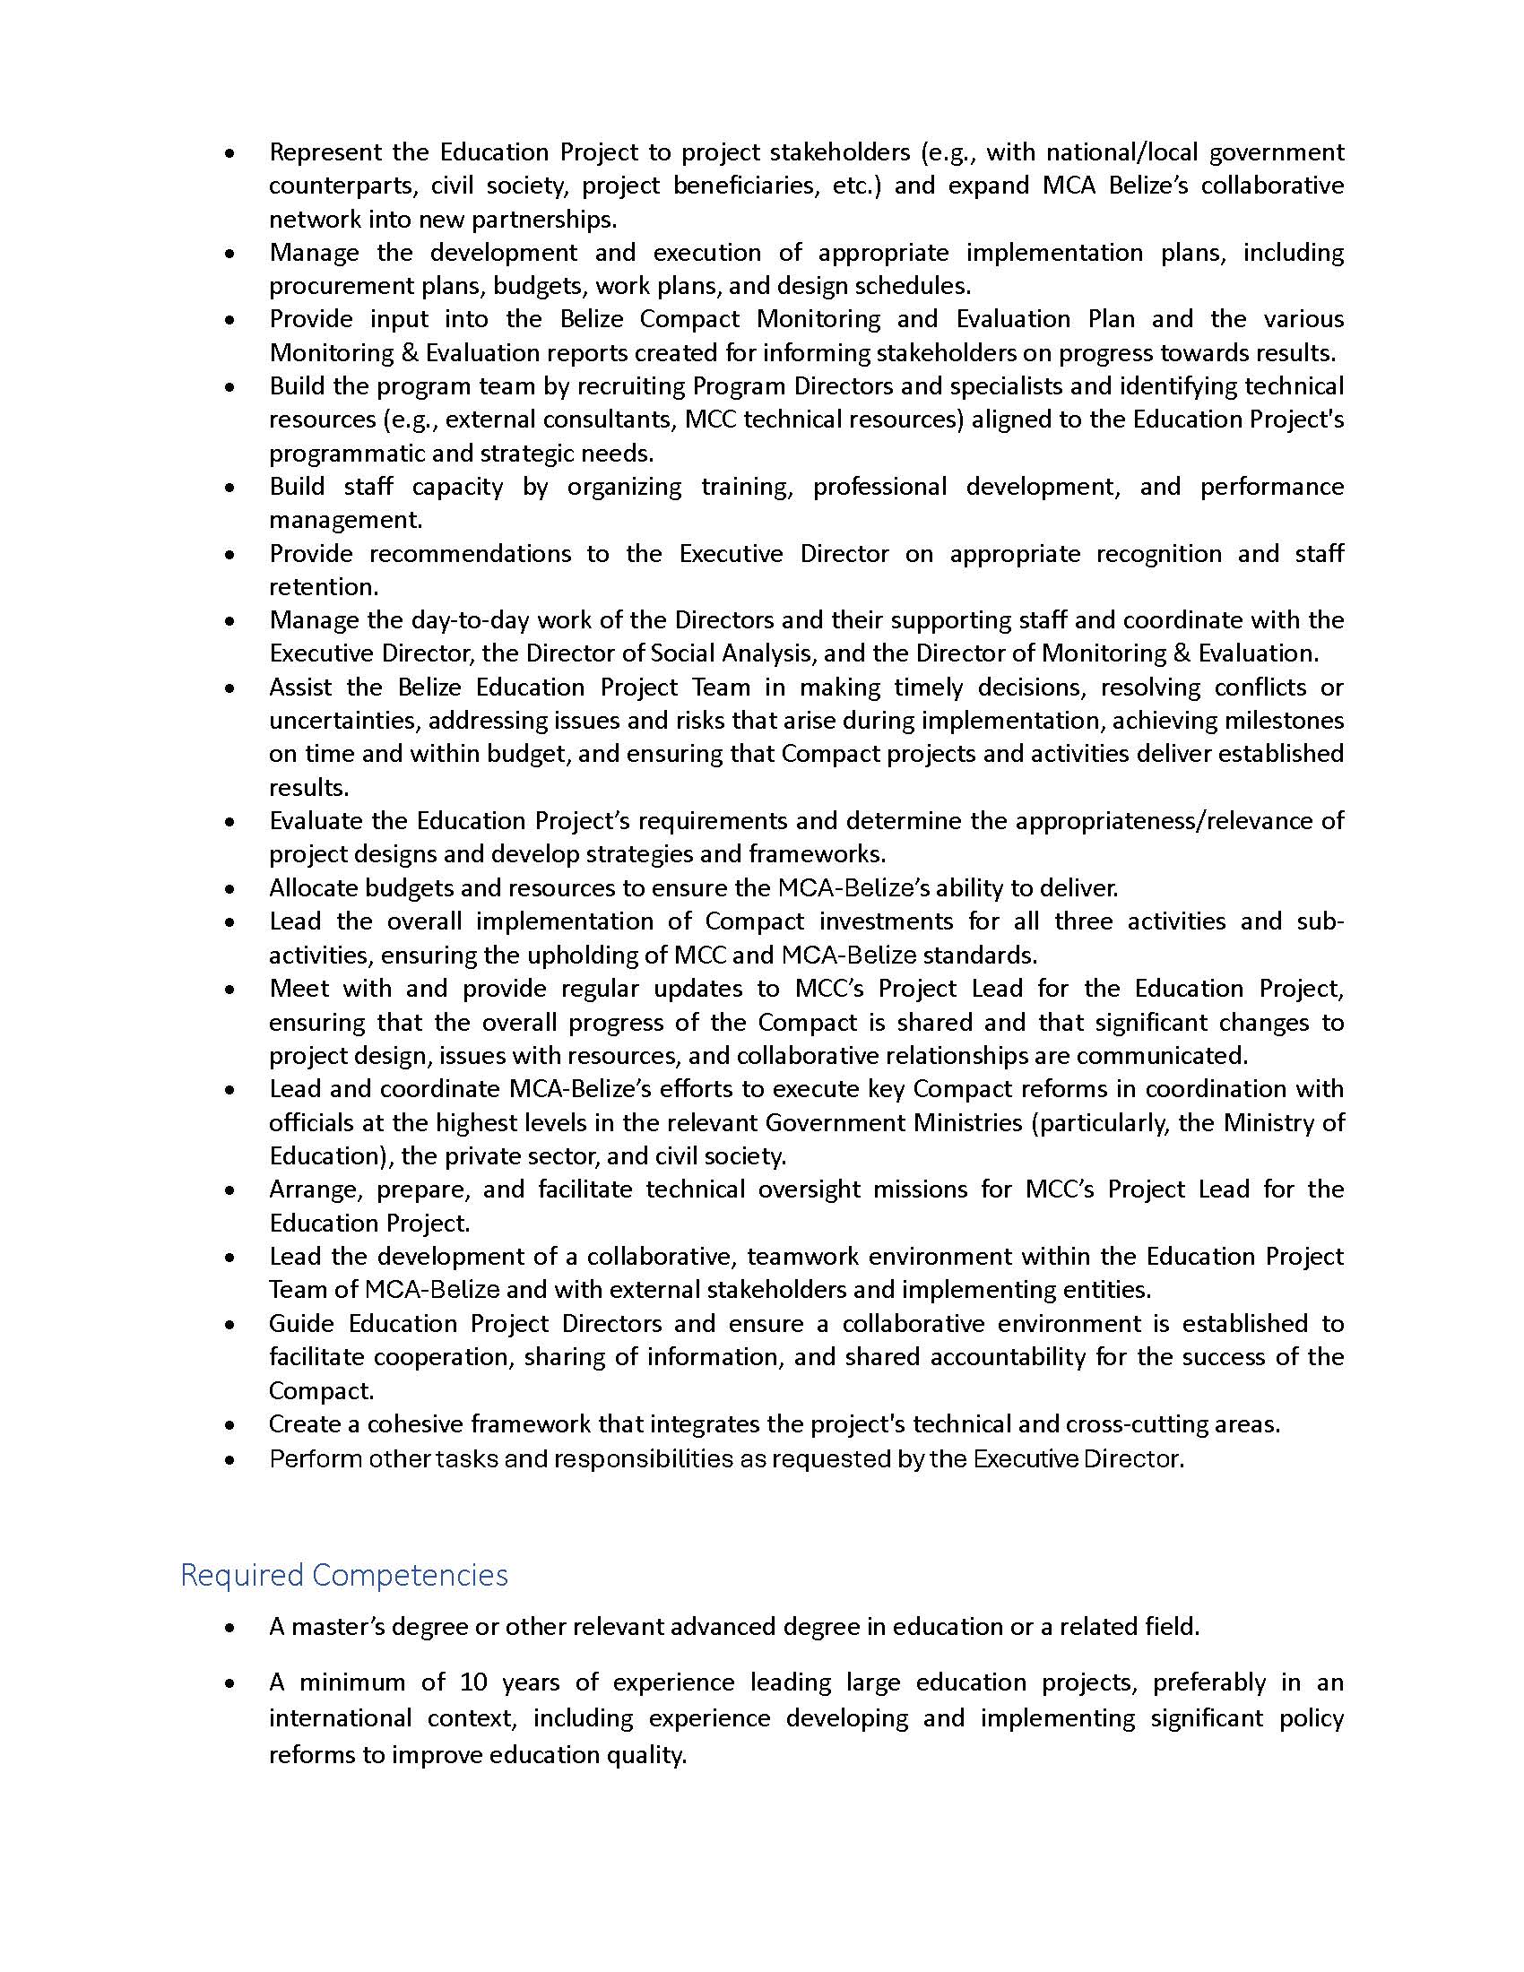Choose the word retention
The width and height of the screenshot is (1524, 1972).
click(x=324, y=586)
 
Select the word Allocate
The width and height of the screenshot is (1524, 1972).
click(x=313, y=887)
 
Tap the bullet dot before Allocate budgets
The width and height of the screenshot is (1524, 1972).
click(x=232, y=888)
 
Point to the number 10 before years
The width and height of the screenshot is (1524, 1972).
click(x=474, y=1682)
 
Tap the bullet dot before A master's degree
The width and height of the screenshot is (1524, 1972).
click(x=232, y=1627)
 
